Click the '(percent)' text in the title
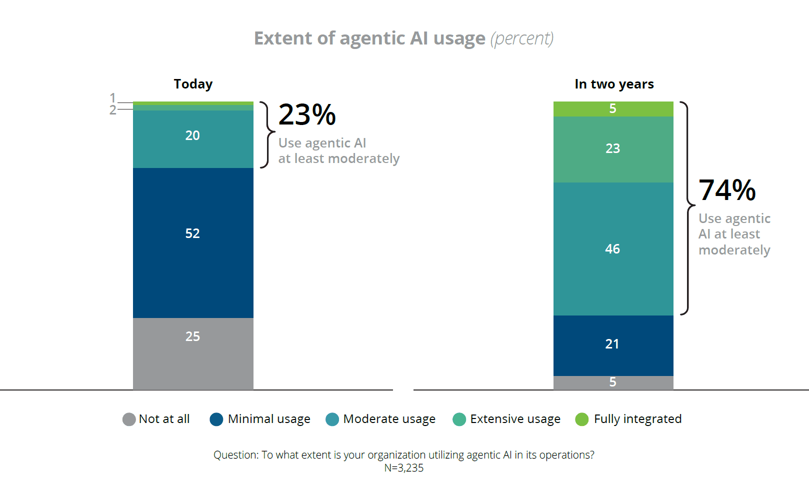click(x=521, y=38)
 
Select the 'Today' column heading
click(x=193, y=84)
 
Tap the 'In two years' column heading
click(x=614, y=84)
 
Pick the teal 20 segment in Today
click(x=193, y=139)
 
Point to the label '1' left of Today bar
click(x=113, y=97)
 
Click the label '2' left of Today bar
click(x=113, y=110)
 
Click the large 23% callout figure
click(x=307, y=115)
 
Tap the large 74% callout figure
click(x=727, y=190)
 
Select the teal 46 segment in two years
click(x=613, y=249)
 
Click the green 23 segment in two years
click(x=613, y=149)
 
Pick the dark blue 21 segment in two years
click(x=613, y=345)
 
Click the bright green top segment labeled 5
click(x=613, y=108)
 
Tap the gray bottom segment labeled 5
click(x=613, y=382)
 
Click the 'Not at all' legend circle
click(x=129, y=419)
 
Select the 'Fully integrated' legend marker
click(x=582, y=419)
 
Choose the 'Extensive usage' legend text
click(x=515, y=419)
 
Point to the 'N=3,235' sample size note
click(x=403, y=468)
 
